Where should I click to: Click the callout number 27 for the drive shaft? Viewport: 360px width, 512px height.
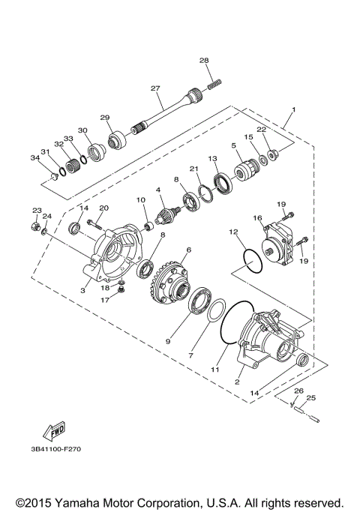tap(155, 88)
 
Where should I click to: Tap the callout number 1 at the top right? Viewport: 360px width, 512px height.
tap(294, 110)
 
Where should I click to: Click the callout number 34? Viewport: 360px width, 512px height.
tap(34, 158)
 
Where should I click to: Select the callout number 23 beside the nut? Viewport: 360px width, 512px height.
tap(37, 211)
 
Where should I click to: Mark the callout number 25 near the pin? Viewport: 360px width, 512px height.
tap(311, 397)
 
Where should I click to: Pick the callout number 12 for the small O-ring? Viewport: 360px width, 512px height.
tap(234, 232)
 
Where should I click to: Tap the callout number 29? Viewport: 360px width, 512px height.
tap(105, 118)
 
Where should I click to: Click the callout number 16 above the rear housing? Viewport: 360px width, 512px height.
tap(257, 217)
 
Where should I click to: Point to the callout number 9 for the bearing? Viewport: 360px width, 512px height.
tap(168, 340)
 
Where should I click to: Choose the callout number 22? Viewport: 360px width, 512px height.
tap(262, 130)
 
